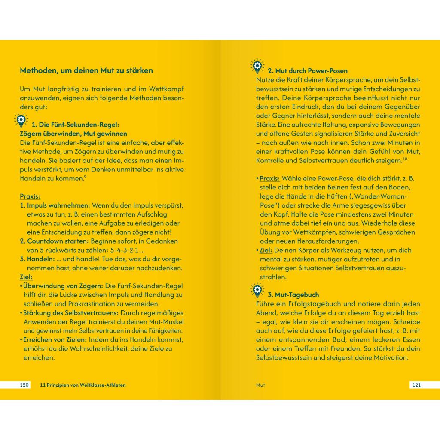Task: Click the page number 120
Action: tap(24, 385)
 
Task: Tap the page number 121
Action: tap(416, 385)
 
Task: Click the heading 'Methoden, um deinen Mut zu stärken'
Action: tap(86, 70)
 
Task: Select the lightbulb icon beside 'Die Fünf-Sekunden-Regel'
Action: tap(21, 120)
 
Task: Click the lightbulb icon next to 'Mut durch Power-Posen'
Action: tap(257, 66)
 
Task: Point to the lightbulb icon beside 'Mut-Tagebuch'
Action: tap(257, 290)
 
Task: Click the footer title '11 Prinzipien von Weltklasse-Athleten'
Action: tap(82, 385)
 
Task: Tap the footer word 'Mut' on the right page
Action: tap(260, 385)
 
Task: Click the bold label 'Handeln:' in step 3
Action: tap(40, 259)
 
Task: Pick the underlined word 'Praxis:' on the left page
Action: tap(30, 196)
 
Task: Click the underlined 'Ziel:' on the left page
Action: tap(26, 277)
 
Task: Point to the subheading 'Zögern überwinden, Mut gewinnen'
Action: tap(73, 134)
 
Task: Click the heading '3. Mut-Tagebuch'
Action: tap(293, 295)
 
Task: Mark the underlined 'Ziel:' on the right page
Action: tap(266, 250)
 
